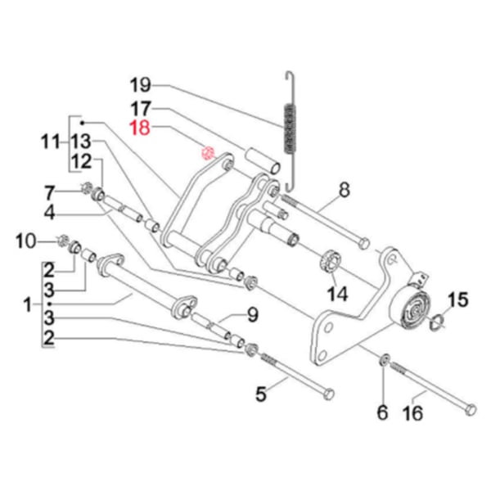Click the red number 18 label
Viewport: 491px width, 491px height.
click(140, 127)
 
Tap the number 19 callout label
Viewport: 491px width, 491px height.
click(140, 84)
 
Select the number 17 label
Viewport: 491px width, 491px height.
click(140, 107)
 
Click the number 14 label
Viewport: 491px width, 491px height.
click(337, 292)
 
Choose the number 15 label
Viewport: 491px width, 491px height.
click(457, 300)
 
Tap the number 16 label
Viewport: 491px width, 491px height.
click(414, 413)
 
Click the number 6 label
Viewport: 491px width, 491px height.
click(381, 413)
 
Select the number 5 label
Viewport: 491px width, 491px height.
click(261, 394)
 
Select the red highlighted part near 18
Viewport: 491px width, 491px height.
click(208, 152)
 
